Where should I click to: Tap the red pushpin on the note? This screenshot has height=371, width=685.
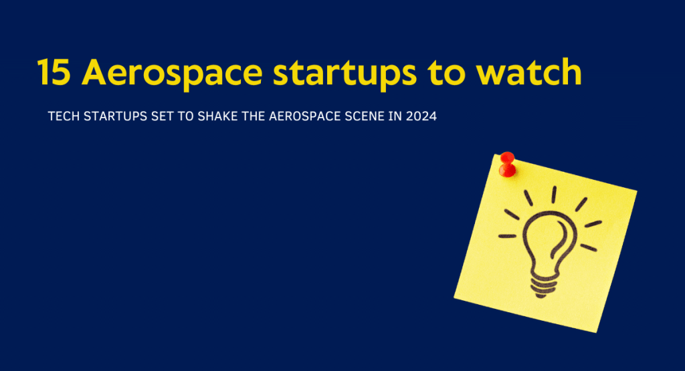pyautogui.click(x=507, y=163)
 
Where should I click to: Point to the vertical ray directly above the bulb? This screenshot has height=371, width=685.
pyautogui.click(x=554, y=195)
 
